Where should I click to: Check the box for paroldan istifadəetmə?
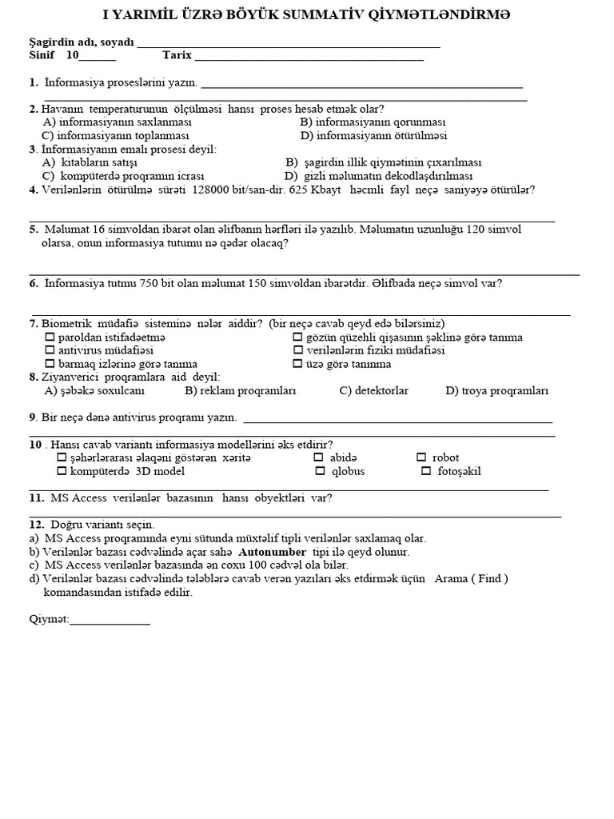point(50,338)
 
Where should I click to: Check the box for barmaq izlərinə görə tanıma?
point(50,364)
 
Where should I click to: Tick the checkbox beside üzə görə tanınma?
point(298,364)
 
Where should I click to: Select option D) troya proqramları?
point(496,390)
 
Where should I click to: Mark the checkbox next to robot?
point(421,457)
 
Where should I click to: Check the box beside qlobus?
point(320,471)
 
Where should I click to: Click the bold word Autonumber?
point(273,552)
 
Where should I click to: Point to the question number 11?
point(36,497)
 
